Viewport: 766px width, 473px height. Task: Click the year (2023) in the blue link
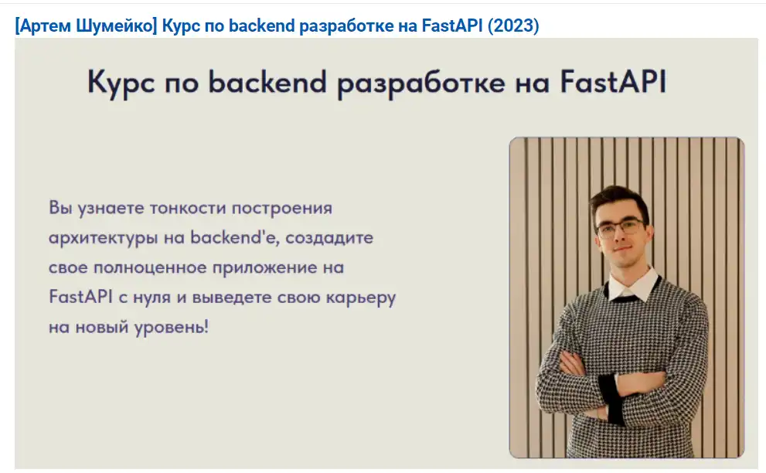[513, 26]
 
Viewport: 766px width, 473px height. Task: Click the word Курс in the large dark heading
[121, 83]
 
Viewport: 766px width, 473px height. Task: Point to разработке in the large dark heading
[421, 83]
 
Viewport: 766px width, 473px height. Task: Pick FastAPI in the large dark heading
[613, 81]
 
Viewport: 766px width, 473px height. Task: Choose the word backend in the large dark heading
[267, 81]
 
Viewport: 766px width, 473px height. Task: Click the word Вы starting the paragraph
[60, 208]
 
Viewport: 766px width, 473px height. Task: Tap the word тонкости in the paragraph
[187, 208]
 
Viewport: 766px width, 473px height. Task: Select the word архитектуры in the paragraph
[103, 239]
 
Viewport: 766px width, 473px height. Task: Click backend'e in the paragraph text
[234, 237]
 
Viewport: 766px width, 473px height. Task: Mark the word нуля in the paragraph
[152, 298]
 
